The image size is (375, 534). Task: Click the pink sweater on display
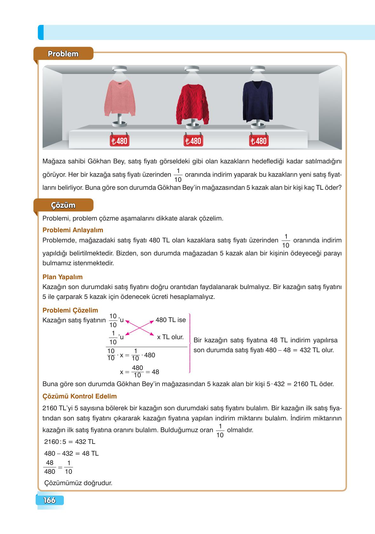pos(120,99)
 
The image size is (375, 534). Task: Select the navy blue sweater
pos(258,101)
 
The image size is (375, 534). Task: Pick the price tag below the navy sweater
pos(258,141)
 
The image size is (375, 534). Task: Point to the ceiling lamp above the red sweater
pos(192,69)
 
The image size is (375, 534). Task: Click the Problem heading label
pos(63,54)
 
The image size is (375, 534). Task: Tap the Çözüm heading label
pos(63,205)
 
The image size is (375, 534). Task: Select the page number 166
pos(50,500)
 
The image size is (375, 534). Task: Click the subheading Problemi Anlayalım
pos(73,230)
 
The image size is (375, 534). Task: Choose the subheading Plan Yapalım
pos(63,277)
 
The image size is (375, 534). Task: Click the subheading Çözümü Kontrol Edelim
pos(80,396)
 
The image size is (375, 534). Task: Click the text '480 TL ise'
pos(171,320)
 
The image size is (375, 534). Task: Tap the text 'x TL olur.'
pos(171,337)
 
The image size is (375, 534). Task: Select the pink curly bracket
pos(190,343)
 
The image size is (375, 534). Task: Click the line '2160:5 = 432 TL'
pos(70,442)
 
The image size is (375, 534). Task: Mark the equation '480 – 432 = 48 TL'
pos(71,453)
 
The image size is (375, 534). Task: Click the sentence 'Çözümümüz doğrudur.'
pos(78,483)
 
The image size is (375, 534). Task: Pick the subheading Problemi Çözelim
pos(70,310)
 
